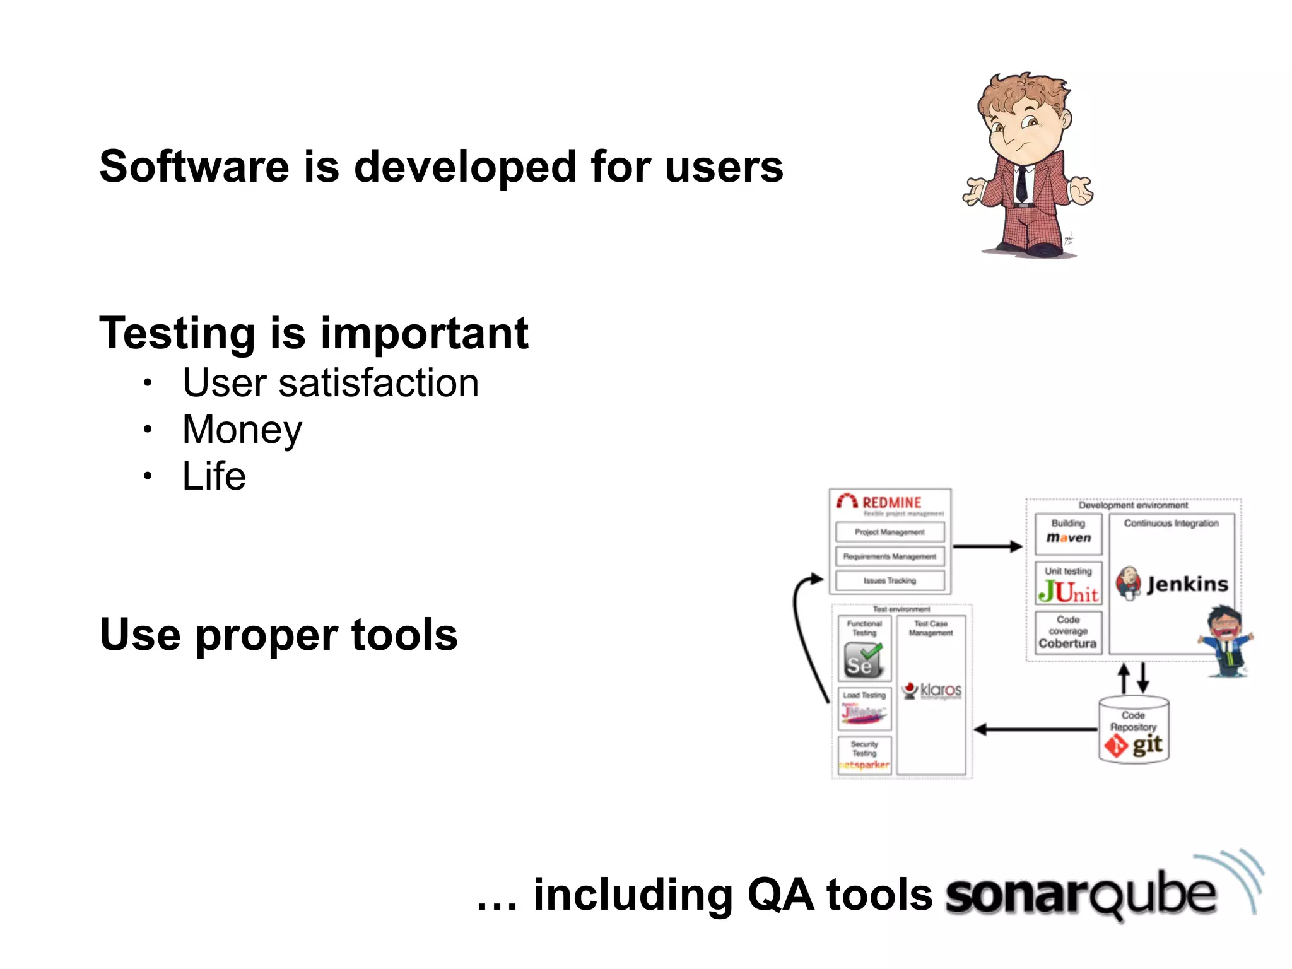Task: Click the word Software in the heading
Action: (194, 167)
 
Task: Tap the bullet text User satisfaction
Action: (331, 383)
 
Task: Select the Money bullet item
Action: (242, 430)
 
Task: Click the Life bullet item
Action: (214, 476)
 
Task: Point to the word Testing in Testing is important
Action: (177, 333)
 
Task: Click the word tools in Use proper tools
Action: (404, 635)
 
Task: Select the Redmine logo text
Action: (891, 503)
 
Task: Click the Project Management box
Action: (890, 532)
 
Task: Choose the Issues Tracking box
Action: (890, 580)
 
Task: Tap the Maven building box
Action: (1068, 533)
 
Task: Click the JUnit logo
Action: (1068, 591)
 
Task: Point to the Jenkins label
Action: (1187, 584)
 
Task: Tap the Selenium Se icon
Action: (862, 660)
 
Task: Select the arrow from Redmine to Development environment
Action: (987, 546)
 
